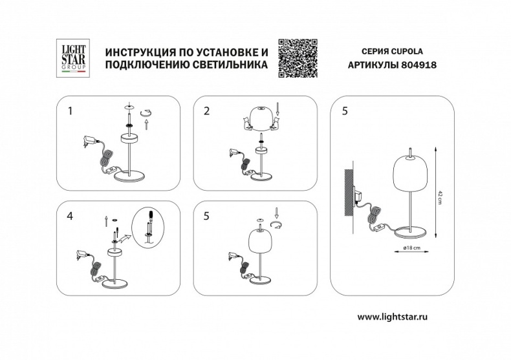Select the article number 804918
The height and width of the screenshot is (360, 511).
[x=420, y=65]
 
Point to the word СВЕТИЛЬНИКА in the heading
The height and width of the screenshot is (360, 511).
[x=228, y=65]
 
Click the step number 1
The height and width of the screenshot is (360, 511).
[x=70, y=111]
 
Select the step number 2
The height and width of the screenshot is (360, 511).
[x=206, y=111]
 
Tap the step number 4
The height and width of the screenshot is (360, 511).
[x=70, y=216]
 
